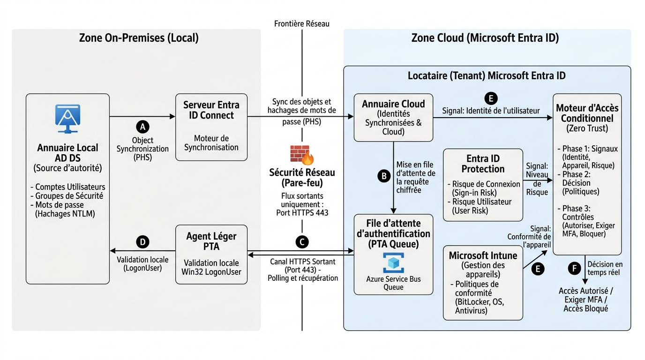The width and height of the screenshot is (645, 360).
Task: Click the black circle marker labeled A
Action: click(142, 127)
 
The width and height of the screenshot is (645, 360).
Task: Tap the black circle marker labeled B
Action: click(384, 176)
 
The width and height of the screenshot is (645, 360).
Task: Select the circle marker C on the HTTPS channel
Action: click(302, 242)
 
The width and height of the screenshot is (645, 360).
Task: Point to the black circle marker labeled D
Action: click(142, 242)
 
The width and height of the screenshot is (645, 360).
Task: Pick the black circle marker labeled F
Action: click(575, 269)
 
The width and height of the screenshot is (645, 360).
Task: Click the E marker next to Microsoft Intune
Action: click(538, 269)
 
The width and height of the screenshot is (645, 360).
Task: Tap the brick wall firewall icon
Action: click(302, 155)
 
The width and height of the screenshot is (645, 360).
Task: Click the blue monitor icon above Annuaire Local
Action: click(67, 119)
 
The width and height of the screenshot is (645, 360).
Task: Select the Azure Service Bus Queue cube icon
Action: click(393, 262)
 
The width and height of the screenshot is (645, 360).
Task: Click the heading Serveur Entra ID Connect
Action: click(211, 110)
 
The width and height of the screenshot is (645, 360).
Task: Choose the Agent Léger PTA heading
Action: click(211, 241)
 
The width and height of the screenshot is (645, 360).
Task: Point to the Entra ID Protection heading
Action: click(483, 164)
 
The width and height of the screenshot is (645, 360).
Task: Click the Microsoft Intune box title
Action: click(483, 255)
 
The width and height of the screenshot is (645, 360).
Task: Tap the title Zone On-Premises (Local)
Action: click(139, 37)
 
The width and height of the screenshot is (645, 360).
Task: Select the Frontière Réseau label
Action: click(302, 23)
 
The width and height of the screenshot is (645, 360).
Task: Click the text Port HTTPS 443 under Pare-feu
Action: click(302, 213)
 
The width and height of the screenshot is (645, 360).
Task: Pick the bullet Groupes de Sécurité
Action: click(67, 196)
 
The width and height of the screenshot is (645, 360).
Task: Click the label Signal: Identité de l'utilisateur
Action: click(491, 111)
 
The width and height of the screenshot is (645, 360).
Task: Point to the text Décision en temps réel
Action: click(605, 268)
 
